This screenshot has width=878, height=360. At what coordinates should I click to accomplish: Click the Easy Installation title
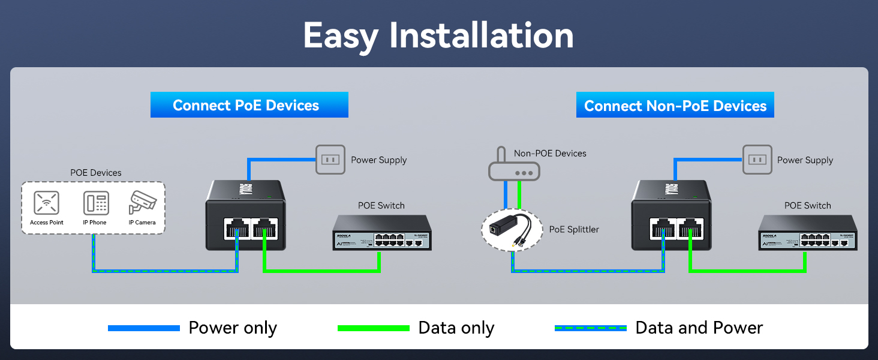[x=438, y=35]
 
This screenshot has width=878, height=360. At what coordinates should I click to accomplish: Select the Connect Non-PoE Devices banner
[x=675, y=106]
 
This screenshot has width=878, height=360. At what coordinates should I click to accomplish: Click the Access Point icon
[x=47, y=203]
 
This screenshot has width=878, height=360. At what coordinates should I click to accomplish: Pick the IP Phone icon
[x=95, y=203]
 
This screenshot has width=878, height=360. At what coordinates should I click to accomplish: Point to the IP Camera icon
[x=143, y=203]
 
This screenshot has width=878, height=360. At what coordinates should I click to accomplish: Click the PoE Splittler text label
[x=574, y=229]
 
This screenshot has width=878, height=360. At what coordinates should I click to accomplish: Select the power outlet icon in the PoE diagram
[x=330, y=160]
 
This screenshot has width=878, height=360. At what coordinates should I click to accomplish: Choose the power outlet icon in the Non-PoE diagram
[x=757, y=160]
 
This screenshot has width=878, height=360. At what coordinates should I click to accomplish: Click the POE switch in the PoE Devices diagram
[x=382, y=234]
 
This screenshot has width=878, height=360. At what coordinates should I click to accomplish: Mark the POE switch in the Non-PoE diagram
[x=807, y=234]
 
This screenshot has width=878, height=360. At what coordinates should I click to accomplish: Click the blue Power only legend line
[x=144, y=328]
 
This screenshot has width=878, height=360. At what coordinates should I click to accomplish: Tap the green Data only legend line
[x=374, y=328]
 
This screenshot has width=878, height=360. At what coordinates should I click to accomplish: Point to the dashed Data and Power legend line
[x=591, y=328]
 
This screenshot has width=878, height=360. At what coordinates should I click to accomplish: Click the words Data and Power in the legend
[x=699, y=328]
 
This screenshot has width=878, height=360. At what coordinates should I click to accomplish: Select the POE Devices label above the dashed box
[x=96, y=173]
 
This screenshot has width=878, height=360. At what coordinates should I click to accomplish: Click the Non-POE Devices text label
[x=550, y=154]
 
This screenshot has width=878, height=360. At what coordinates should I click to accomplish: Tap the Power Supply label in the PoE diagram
[x=378, y=160]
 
